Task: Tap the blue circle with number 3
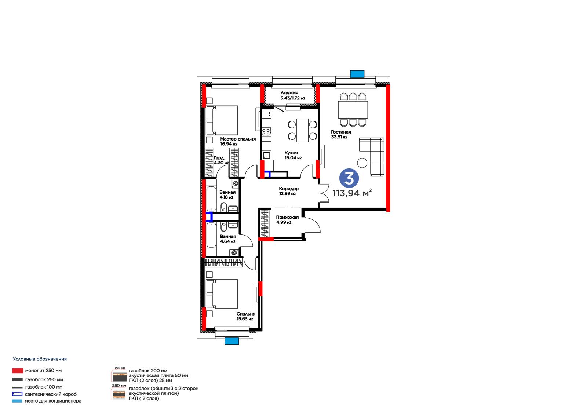click(349, 178)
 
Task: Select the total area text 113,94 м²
click(352, 193)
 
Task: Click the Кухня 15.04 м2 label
click(293, 155)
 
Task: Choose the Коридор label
click(288, 189)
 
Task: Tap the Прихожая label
click(287, 217)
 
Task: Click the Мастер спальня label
click(238, 139)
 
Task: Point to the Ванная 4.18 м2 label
click(227, 194)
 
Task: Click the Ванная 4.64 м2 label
click(228, 239)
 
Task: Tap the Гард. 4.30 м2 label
click(221, 160)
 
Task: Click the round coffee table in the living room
click(362, 163)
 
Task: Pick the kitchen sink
click(266, 156)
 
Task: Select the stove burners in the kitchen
click(266, 132)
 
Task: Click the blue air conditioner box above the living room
click(357, 74)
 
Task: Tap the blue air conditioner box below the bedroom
click(231, 341)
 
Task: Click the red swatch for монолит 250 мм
click(18, 371)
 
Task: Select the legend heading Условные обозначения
click(40, 359)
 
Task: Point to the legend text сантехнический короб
click(51, 394)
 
